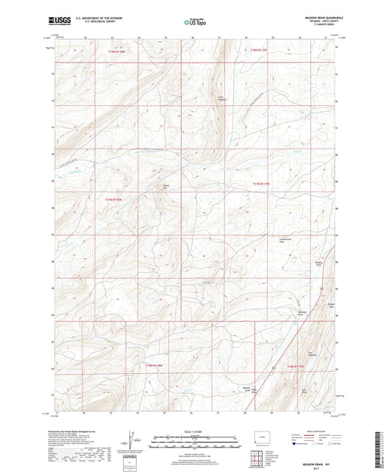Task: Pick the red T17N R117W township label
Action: pos(262,184)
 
